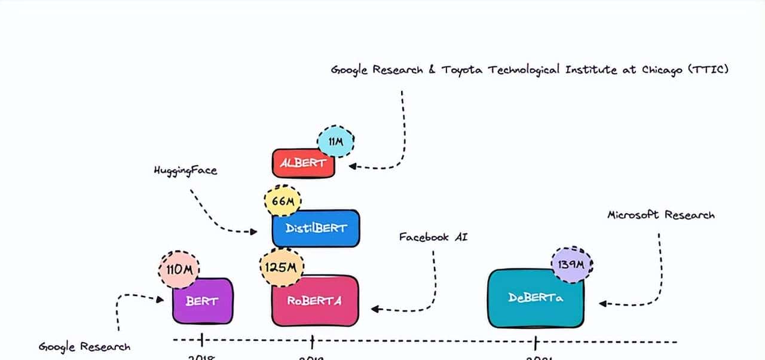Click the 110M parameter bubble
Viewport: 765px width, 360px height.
(179, 270)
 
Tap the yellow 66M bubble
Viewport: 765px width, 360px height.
(283, 202)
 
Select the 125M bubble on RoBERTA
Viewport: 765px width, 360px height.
(281, 266)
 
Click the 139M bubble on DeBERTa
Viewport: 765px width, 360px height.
(571, 264)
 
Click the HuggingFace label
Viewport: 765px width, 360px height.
(185, 170)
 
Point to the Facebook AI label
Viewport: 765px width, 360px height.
(433, 237)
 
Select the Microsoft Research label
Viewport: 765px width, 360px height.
(660, 215)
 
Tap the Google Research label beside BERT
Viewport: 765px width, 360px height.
(84, 347)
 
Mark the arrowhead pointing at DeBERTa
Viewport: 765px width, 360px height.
(602, 304)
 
